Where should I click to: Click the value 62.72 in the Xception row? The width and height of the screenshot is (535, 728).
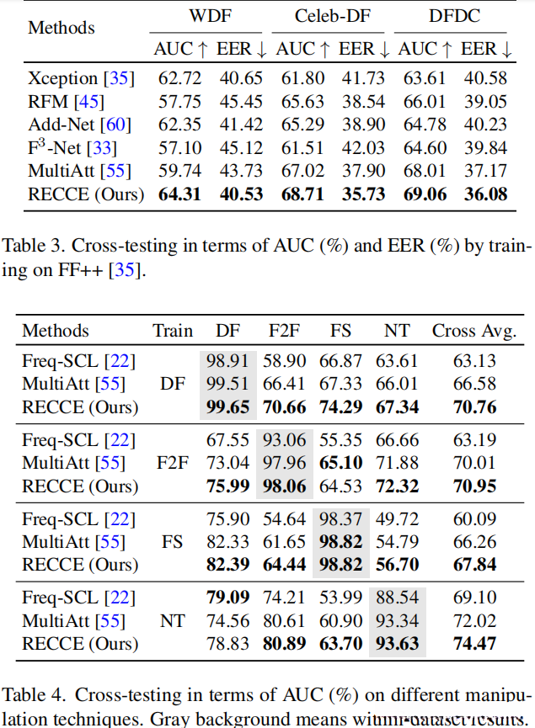(x=179, y=79)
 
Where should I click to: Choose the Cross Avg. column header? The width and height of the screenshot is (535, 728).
(x=473, y=330)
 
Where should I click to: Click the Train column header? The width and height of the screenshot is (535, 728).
(x=172, y=330)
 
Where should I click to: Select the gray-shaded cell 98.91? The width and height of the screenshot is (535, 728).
(x=228, y=362)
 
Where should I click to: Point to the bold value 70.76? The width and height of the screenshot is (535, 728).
(x=473, y=407)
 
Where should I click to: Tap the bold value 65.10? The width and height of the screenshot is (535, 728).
(x=340, y=463)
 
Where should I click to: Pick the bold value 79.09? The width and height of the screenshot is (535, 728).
(x=228, y=598)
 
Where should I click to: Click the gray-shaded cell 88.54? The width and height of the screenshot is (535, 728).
(x=397, y=598)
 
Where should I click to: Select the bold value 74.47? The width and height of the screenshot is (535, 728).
(x=473, y=644)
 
